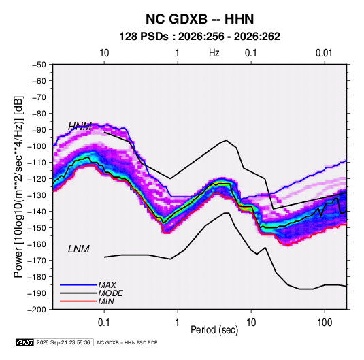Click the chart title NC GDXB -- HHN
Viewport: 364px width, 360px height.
coord(199,19)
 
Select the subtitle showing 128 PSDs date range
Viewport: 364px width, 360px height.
coord(199,37)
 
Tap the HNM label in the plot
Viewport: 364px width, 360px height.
coord(80,127)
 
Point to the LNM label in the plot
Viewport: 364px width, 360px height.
coord(79,249)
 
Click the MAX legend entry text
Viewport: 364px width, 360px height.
coord(107,284)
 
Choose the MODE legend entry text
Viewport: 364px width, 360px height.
coord(110,293)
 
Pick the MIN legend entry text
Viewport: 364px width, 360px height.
coord(106,301)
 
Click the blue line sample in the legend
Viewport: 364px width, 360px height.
coord(78,285)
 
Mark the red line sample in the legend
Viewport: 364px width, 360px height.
coord(78,301)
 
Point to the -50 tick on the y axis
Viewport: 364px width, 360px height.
coord(39,65)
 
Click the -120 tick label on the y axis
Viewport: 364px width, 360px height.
coord(37,179)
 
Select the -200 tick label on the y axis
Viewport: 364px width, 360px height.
coord(37,310)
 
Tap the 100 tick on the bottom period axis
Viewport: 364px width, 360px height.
coord(325,323)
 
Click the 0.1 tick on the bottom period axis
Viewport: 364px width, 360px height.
coord(104,323)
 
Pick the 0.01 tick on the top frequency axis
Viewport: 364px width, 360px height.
coord(324,53)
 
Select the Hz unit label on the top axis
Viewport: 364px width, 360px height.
coord(214,53)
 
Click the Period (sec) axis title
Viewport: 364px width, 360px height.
coord(214,330)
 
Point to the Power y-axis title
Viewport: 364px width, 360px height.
coord(18,187)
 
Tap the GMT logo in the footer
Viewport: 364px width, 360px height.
coord(25,342)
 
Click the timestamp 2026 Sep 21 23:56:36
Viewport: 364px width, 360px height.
coord(63,342)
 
